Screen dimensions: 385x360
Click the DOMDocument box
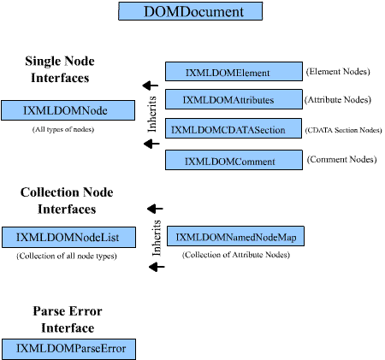point(190,11)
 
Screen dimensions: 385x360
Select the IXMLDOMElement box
point(234,71)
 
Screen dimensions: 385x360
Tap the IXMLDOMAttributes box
point(234,99)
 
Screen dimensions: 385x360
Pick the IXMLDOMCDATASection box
point(234,128)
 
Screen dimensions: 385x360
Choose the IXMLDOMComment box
point(234,160)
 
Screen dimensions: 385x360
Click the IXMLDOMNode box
point(68,110)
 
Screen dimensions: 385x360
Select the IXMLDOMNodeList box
point(68,237)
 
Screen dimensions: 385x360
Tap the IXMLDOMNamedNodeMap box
point(235,236)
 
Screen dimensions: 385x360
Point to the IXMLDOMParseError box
point(68,349)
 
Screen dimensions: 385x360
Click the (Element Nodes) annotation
point(338,72)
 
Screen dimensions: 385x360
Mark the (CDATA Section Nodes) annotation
point(343,130)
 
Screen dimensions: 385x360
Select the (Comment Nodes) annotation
point(341,159)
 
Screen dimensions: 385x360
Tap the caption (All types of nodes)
point(63,130)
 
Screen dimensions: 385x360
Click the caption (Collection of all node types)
point(67,256)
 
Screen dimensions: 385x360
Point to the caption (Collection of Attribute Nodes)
point(236,255)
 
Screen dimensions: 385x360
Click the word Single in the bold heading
point(44,62)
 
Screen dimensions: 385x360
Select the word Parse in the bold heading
point(48,311)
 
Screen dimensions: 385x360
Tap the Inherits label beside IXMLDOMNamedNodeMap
point(157,238)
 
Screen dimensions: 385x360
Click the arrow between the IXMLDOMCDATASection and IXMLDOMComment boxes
point(151,144)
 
